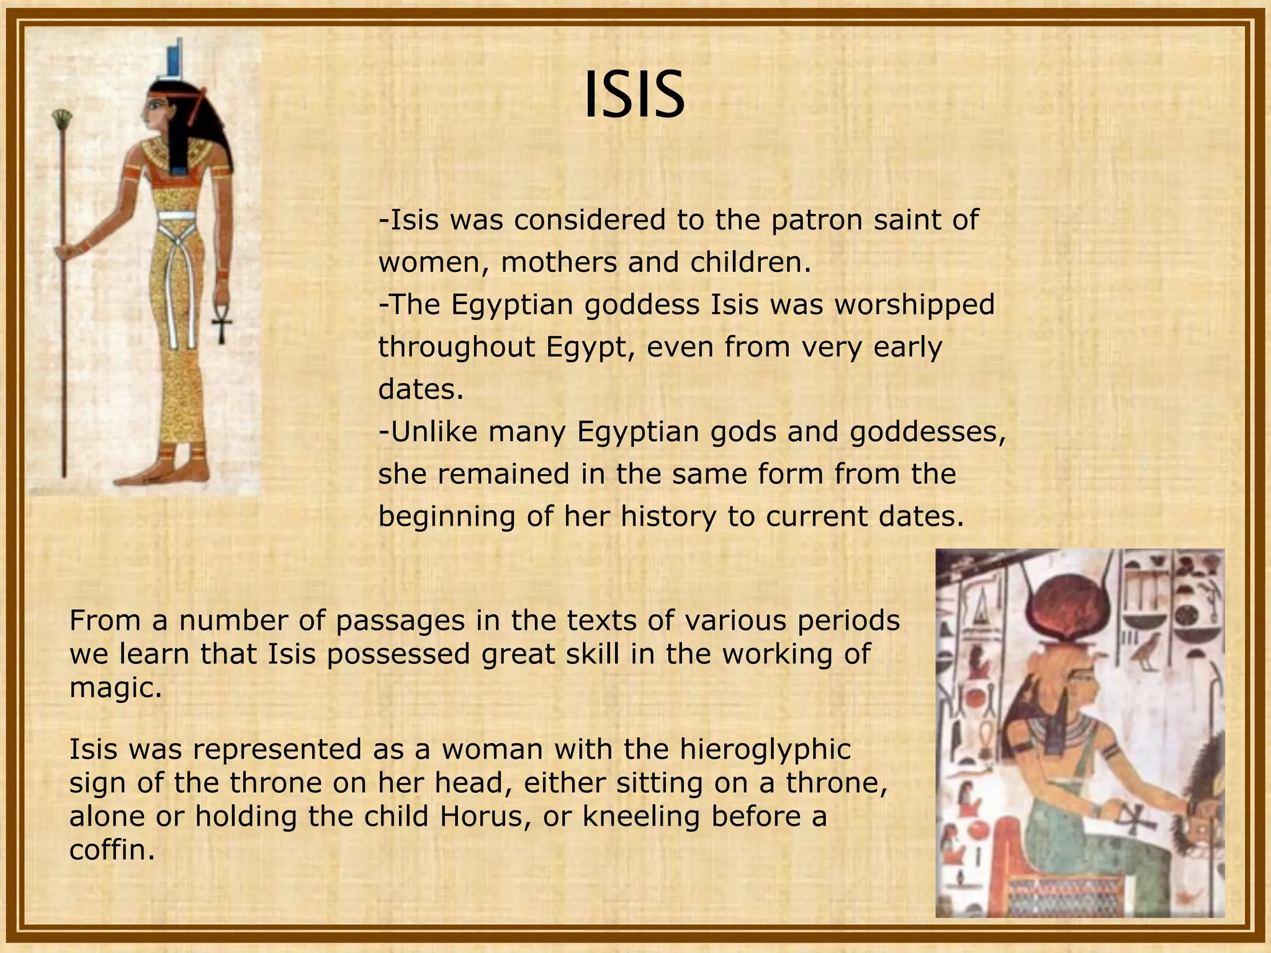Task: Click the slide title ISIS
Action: coord(634,95)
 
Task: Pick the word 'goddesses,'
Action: coord(927,432)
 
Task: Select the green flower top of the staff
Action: coord(61,117)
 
